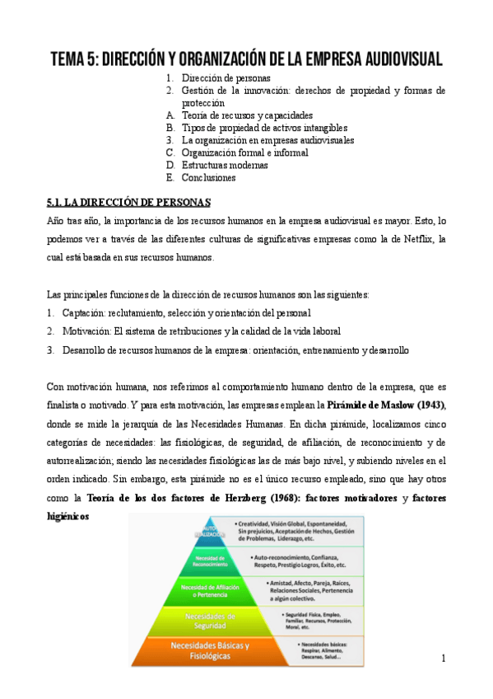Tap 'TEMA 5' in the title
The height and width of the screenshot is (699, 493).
77,59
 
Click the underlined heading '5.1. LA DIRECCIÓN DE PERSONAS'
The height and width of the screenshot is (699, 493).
129,202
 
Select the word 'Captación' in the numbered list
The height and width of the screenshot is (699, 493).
86,313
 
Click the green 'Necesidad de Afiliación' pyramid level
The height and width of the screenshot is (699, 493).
211,590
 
